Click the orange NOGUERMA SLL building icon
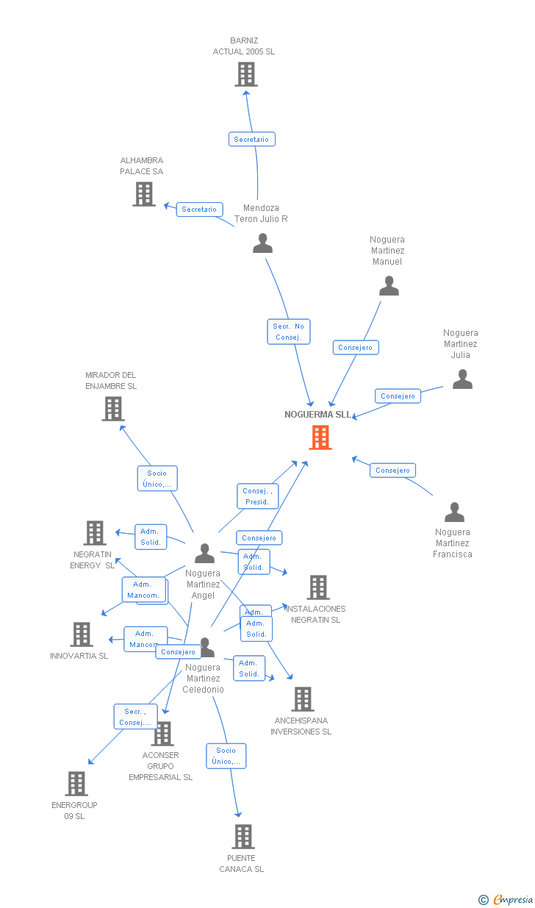coord(320,437)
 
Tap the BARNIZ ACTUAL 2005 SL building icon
coord(245,74)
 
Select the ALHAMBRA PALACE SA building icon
coord(144,194)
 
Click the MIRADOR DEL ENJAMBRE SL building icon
coord(112,409)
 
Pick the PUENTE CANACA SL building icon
coord(243,837)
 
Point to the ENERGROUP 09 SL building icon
coord(76,784)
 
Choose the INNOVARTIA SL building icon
coord(82,634)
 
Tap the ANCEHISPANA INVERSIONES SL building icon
coord(302,699)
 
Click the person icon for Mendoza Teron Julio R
coord(262,243)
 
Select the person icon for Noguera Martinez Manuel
coord(389,286)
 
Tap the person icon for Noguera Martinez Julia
coord(462,379)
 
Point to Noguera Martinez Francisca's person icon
coord(454,512)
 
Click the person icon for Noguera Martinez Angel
coord(204,554)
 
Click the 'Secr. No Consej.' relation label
coord(289,332)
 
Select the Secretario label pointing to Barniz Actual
coord(251,139)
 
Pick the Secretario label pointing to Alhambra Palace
coord(199,210)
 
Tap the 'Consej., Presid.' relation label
coord(257,496)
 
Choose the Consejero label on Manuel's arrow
coord(356,347)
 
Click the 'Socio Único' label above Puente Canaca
coord(226,756)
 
